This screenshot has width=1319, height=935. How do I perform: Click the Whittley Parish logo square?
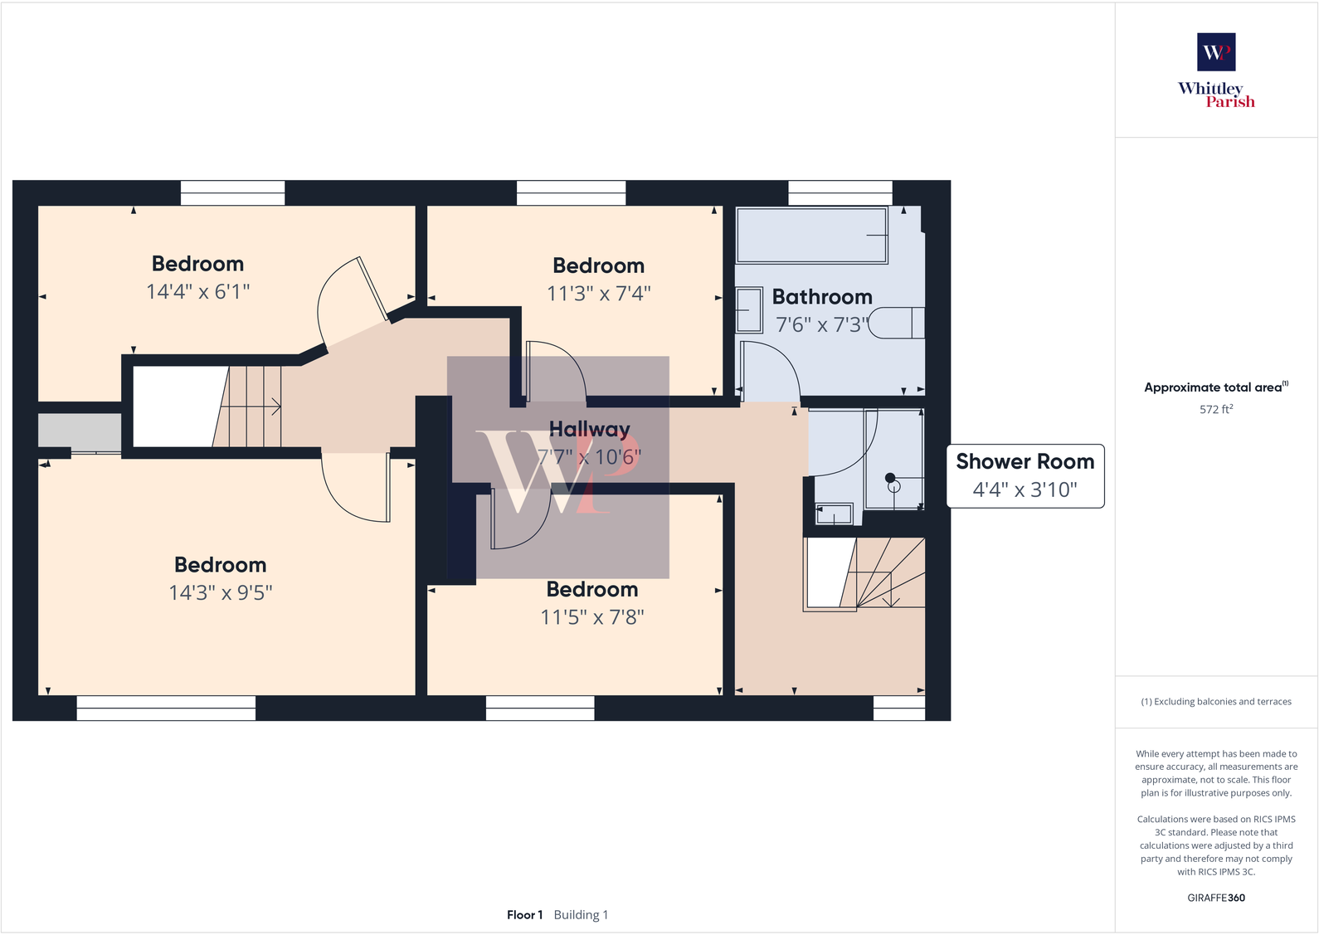pyautogui.click(x=1215, y=51)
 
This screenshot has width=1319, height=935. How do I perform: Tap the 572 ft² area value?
pyautogui.click(x=1215, y=409)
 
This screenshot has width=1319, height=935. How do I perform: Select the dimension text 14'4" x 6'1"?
pyautogui.click(x=197, y=292)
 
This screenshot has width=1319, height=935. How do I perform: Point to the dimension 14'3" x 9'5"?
pyautogui.click(x=220, y=592)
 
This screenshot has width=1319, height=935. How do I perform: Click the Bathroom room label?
pyautogui.click(x=821, y=297)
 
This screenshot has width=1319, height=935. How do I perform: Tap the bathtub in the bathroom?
pyautogui.click(x=811, y=236)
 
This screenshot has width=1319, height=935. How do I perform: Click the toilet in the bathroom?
pyautogui.click(x=896, y=323)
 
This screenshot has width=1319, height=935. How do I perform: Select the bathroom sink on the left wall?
pyautogui.click(x=748, y=309)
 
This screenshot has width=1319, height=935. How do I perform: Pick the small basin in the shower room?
pyautogui.click(x=834, y=514)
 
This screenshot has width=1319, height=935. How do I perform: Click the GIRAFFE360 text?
pyautogui.click(x=1215, y=898)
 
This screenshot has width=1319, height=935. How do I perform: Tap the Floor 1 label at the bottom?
pyautogui.click(x=524, y=915)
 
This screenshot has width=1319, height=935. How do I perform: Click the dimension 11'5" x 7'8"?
pyautogui.click(x=591, y=617)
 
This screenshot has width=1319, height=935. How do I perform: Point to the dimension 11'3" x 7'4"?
pyautogui.click(x=598, y=294)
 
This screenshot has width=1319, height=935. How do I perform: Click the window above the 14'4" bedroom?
pyautogui.click(x=232, y=193)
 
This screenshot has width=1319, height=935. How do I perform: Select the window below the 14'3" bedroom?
pyautogui.click(x=166, y=708)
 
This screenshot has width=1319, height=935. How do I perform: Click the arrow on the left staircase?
pyautogui.click(x=273, y=407)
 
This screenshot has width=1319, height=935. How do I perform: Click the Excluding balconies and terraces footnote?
pyautogui.click(x=1215, y=702)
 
